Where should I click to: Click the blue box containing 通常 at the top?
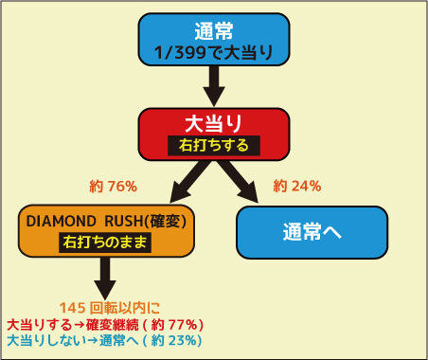tap(214, 40)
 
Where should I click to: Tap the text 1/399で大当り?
tap(214, 52)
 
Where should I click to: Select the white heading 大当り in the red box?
tap(214, 123)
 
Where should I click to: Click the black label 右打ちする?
tap(214, 146)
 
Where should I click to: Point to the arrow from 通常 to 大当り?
tap(214, 86)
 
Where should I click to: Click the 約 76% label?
tap(114, 187)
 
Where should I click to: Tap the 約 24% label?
tap(297, 186)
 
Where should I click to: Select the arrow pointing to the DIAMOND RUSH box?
tap(189, 181)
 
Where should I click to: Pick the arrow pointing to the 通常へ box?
tap(239, 181)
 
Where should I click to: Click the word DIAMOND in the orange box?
tap(61, 222)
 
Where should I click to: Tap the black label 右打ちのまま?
tap(105, 243)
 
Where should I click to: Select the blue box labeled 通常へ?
tap(312, 232)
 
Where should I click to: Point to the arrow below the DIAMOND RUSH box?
tap(105, 278)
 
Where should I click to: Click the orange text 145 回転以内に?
tap(110, 308)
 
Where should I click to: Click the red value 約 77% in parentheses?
tap(175, 325)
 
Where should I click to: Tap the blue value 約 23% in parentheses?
tap(174, 340)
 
